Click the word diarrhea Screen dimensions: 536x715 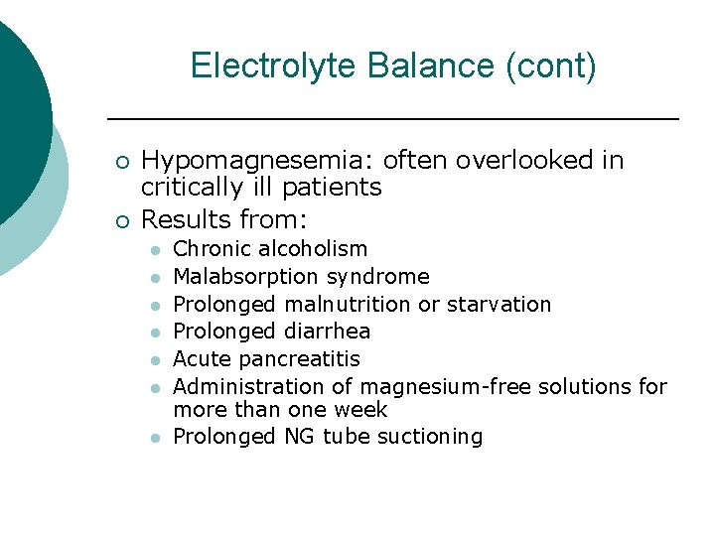tap(327, 332)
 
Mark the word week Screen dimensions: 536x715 tap(361, 409)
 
